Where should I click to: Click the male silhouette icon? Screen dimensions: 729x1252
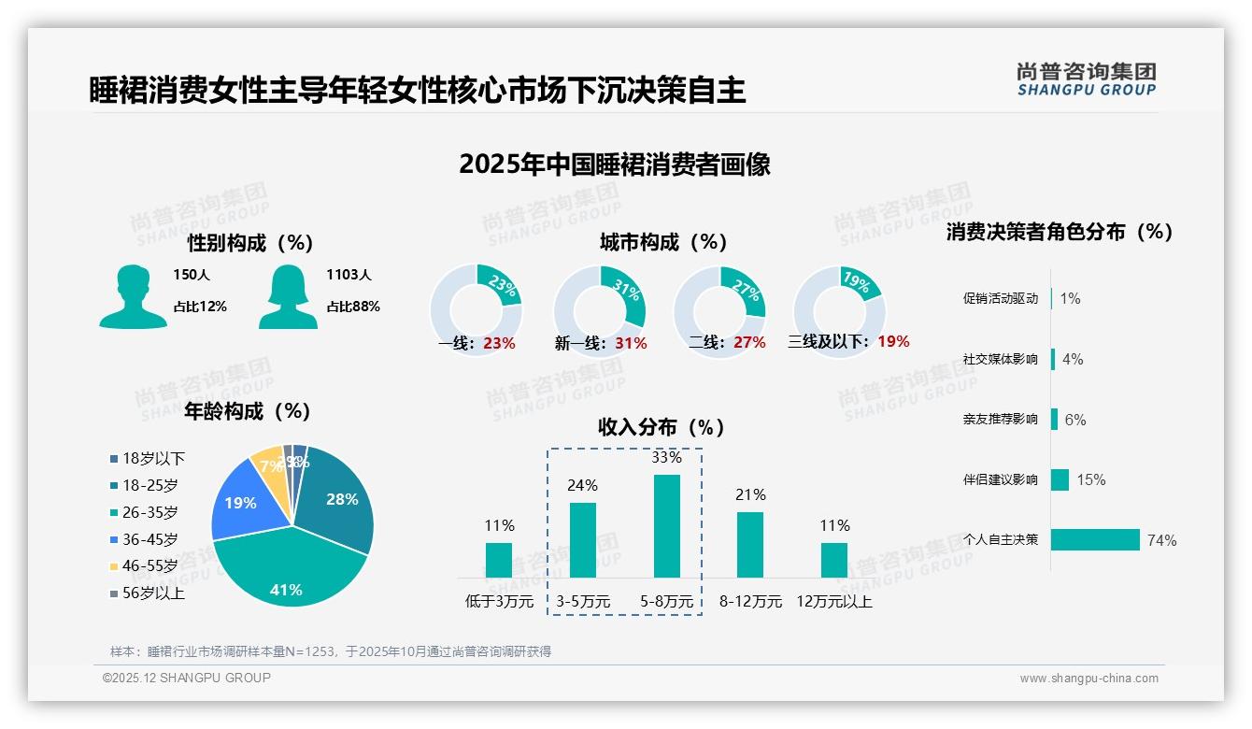(x=133, y=296)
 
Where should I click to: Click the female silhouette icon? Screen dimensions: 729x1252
(x=288, y=296)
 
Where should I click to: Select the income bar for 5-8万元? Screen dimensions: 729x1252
(x=666, y=526)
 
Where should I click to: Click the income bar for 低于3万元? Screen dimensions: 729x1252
(x=499, y=560)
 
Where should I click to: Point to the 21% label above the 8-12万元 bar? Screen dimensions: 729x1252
(x=750, y=494)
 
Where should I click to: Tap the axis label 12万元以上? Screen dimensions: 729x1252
(x=833, y=602)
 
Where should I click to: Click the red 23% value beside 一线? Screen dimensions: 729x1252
(x=499, y=343)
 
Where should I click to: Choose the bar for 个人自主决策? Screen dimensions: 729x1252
(x=1095, y=539)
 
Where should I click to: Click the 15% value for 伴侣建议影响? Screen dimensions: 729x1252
(x=1090, y=479)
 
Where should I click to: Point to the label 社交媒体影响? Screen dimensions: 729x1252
(x=1000, y=359)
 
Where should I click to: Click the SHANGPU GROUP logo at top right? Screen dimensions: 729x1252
(x=1086, y=79)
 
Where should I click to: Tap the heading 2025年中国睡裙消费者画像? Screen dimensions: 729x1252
(x=615, y=164)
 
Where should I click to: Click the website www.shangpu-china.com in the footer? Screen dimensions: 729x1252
(x=1088, y=679)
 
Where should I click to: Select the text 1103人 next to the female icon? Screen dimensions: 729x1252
(x=349, y=275)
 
